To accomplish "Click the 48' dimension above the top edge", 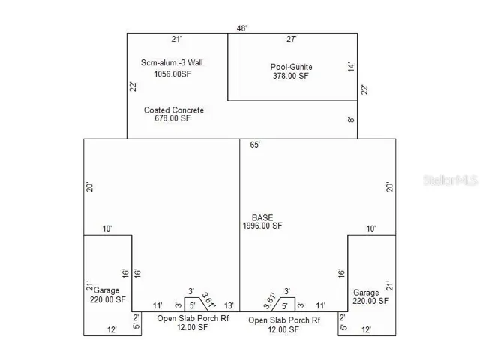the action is (x=241, y=28).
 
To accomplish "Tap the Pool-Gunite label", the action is (x=291, y=67).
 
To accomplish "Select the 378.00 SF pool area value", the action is (x=291, y=76).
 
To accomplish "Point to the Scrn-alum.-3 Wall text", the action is (x=172, y=62).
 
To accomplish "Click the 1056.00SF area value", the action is (x=172, y=73).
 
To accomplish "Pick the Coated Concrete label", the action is (x=174, y=110).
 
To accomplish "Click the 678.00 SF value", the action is (x=172, y=118).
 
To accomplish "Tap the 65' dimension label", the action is (x=255, y=145).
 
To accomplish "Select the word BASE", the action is (x=262, y=217).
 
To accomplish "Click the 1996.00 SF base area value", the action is (x=262, y=226).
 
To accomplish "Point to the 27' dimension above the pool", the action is (x=292, y=39).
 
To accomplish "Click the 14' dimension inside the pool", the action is (x=351, y=67).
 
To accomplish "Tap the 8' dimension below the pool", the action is (x=351, y=120).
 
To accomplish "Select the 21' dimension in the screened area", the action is (x=176, y=39).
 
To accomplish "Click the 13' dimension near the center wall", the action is (x=229, y=305).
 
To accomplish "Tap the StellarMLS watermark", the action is (x=450, y=180).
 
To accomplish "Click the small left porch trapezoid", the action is (x=196, y=304).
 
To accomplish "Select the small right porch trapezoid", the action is (x=283, y=304).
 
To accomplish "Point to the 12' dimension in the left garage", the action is (x=112, y=330).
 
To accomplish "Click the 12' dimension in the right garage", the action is (x=367, y=330).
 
